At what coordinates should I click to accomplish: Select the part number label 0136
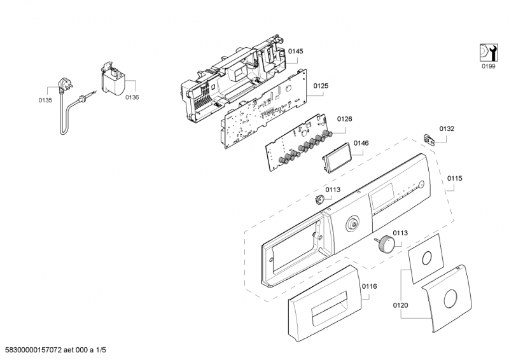tap(132, 97)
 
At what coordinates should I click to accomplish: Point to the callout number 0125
tap(321, 84)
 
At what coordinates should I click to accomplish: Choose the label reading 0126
tap(344, 119)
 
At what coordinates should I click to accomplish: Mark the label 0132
tap(447, 128)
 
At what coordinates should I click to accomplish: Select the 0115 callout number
tap(454, 179)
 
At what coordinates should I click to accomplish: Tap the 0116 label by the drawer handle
tap(369, 286)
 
